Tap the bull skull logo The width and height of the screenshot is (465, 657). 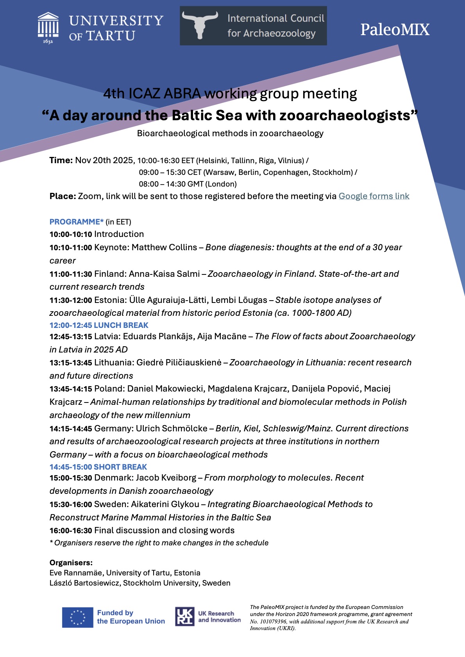(x=200, y=25)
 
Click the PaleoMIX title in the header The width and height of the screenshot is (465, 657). (x=395, y=30)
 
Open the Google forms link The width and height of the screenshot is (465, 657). (x=374, y=196)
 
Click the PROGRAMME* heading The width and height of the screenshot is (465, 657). (x=77, y=222)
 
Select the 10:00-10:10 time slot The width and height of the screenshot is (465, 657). (x=71, y=234)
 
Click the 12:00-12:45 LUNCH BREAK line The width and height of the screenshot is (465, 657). (x=99, y=325)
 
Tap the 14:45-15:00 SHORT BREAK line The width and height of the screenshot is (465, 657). (x=98, y=467)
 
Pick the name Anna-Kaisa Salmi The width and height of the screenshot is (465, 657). (x=164, y=274)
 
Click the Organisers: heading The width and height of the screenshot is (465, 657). (x=71, y=563)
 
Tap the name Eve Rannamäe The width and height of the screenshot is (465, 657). (x=76, y=573)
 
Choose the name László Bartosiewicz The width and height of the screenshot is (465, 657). (x=84, y=583)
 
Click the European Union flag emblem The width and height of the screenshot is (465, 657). (x=77, y=617)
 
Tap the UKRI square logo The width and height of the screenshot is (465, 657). (x=184, y=616)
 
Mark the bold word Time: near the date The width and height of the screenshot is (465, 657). (x=61, y=160)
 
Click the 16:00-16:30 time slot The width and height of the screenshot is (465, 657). (x=71, y=531)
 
